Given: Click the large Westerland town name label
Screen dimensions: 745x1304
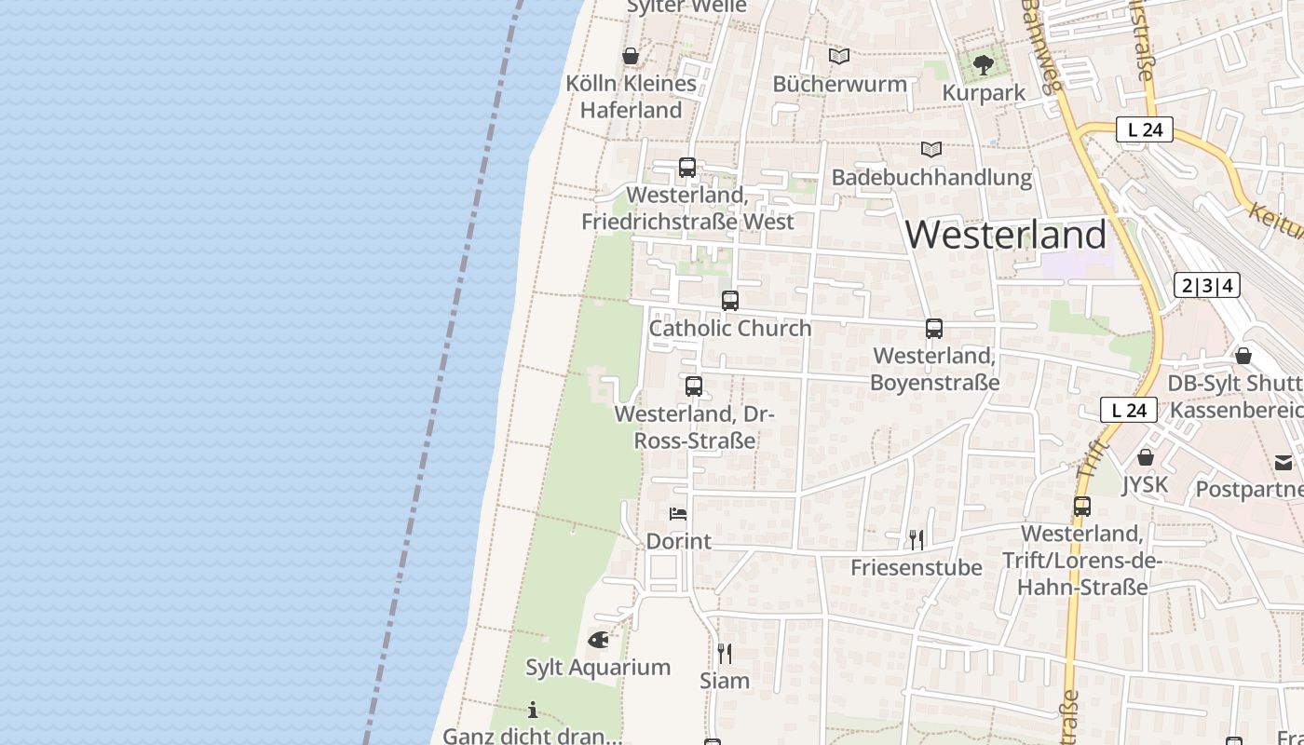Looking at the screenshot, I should (1006, 235).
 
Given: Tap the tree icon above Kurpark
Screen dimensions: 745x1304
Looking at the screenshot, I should (983, 64).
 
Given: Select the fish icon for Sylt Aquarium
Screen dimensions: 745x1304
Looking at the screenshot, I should (598, 640).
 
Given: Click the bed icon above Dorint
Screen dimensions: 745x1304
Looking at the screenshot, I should (678, 513).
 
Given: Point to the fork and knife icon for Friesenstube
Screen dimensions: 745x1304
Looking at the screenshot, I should (917, 539).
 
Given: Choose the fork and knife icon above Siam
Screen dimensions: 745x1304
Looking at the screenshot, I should (725, 653).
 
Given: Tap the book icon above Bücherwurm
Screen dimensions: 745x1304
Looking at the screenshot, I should (839, 56).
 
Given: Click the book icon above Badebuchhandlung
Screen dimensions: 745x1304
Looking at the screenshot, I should (930, 149).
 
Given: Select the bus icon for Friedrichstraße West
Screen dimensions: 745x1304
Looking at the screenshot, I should (687, 168).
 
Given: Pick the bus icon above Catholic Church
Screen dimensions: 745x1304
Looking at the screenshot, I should (730, 301).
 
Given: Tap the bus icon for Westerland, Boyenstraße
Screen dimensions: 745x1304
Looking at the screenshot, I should (934, 329).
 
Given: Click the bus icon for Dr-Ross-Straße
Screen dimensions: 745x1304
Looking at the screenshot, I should (694, 386).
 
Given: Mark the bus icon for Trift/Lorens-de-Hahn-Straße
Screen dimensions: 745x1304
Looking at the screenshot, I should (1082, 507).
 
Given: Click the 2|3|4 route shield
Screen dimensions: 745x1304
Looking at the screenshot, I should (1207, 285).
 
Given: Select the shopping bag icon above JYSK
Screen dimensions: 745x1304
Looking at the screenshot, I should (1146, 457).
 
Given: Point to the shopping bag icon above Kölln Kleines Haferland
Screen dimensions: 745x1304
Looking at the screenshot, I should (631, 56).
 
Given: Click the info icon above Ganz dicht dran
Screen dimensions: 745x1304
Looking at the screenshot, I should (533, 711).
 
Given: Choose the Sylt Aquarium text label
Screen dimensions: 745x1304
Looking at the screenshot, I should (598, 667).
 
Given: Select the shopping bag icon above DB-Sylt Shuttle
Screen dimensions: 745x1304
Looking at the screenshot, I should (1243, 356).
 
